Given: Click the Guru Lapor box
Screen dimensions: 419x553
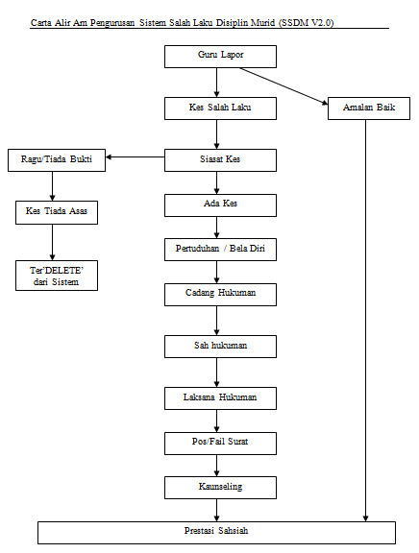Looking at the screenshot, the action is point(220,57).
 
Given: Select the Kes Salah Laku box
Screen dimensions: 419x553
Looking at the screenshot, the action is point(220,108).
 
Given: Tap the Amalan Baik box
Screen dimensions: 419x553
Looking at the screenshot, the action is point(369,108).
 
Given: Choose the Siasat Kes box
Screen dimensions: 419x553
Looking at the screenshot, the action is point(220,160).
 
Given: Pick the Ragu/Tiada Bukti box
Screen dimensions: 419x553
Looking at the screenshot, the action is point(57,160).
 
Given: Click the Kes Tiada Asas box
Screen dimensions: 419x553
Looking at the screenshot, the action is point(57,212).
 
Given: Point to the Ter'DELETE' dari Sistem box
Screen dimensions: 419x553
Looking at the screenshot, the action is point(57,276).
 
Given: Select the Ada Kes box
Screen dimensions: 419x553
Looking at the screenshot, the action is point(220,204).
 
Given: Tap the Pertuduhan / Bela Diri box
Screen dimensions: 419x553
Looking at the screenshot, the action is point(220,250).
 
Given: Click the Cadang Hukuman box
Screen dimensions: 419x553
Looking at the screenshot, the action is point(220,294).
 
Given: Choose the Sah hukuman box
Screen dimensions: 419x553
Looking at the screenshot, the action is point(220,347).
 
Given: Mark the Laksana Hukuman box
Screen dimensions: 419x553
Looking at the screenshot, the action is point(220,398).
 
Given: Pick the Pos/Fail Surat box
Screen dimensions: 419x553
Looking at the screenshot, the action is point(220,444).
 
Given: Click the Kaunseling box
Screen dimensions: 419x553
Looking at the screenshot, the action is point(220,488).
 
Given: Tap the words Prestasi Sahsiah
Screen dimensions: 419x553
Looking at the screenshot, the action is point(216,530).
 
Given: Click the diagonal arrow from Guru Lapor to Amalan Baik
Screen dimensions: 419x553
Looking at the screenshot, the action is point(283,86).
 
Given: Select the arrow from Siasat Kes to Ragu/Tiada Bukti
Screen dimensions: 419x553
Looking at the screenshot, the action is point(136,156).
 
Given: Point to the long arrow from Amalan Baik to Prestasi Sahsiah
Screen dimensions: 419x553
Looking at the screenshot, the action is point(366,321).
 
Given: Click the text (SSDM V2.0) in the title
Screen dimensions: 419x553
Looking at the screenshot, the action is point(306,23).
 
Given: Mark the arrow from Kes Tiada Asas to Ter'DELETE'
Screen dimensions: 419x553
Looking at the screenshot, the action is point(52,242).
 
